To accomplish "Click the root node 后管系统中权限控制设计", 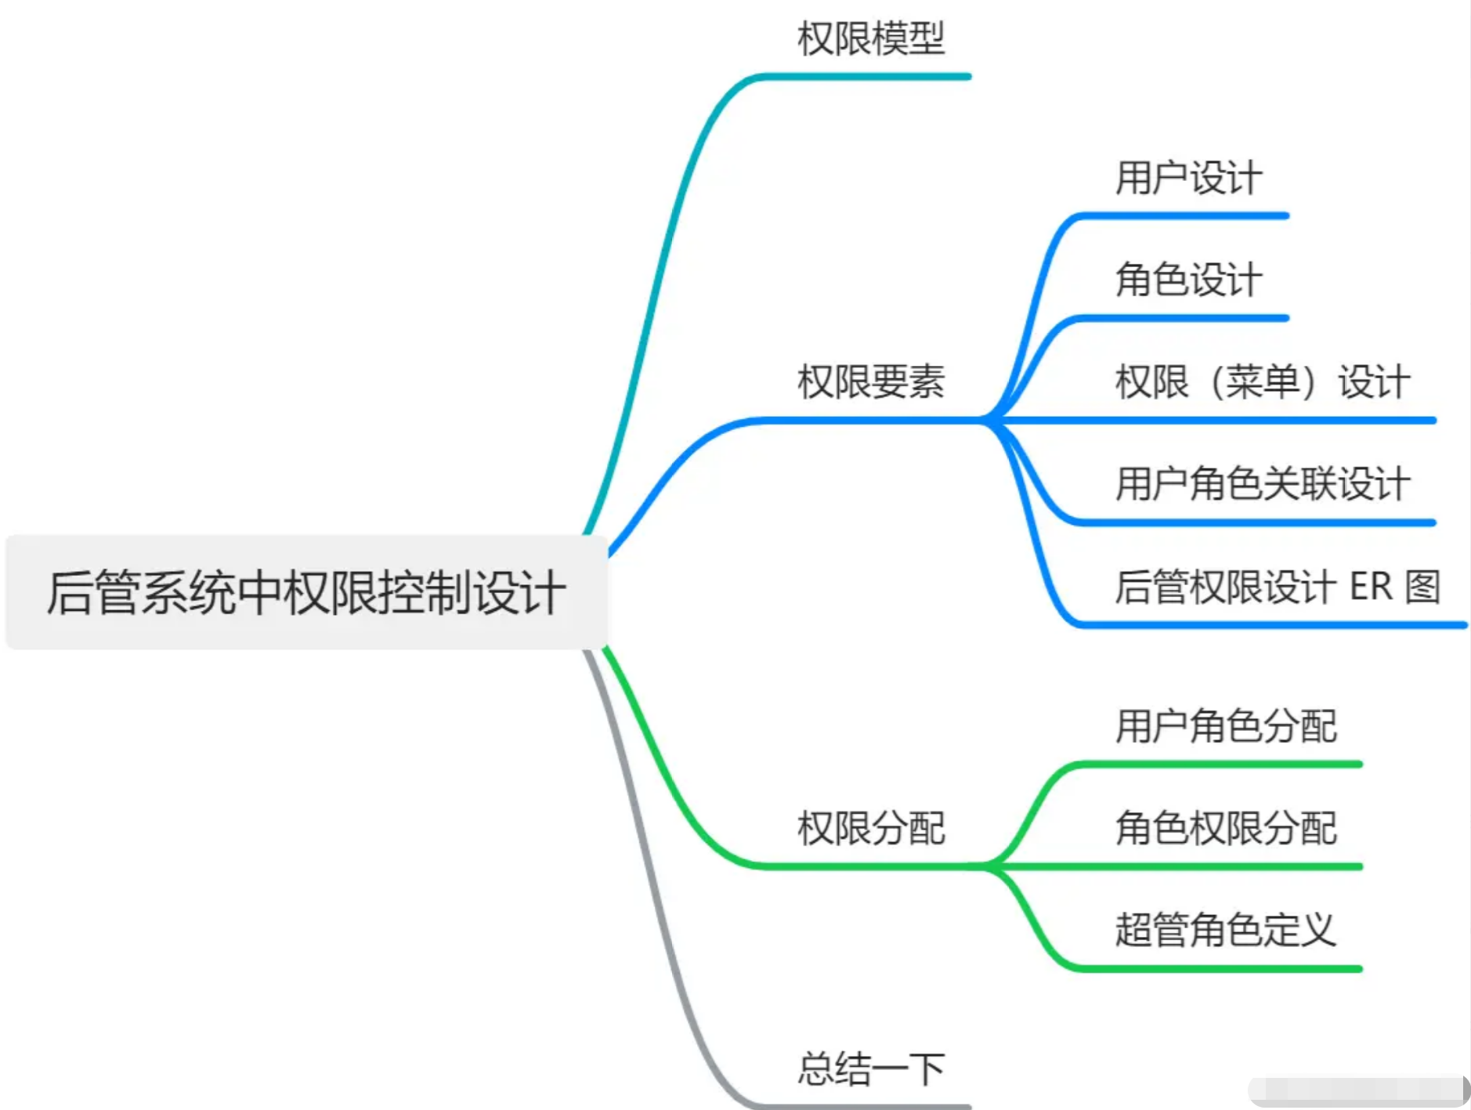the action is click(x=305, y=592).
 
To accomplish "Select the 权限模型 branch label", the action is click(x=871, y=38).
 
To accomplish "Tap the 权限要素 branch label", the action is click(x=871, y=382).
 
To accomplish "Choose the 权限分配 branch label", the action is click(x=871, y=828).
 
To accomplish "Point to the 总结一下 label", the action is click(x=871, y=1069).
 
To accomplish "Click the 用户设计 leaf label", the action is click(x=1189, y=178).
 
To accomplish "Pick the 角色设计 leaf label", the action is click(x=1189, y=280).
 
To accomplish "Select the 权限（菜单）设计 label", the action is click(x=1263, y=382).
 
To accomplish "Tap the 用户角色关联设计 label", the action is click(x=1263, y=483).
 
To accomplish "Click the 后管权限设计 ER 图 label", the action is click(x=1278, y=587).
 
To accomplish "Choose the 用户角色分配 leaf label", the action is click(x=1226, y=725).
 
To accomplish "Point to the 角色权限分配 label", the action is click(x=1226, y=828).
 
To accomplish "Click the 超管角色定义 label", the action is click(x=1226, y=931).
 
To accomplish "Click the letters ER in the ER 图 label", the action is click(x=1371, y=587).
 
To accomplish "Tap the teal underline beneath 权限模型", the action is click(x=862, y=77).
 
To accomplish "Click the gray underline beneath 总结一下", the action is click(x=862, y=1106).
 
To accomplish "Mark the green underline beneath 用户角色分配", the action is click(x=1218, y=764).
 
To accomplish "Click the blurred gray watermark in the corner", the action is click(x=1359, y=1091).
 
